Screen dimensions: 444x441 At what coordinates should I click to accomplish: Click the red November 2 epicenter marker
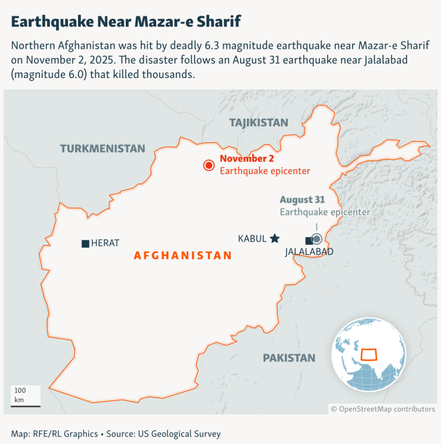pyautogui.click(x=208, y=166)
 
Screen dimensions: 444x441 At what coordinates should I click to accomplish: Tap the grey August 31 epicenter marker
pyautogui.click(x=316, y=239)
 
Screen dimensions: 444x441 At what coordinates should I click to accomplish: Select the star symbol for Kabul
pyautogui.click(x=274, y=238)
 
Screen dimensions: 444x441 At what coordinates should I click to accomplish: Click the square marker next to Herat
pyautogui.click(x=86, y=243)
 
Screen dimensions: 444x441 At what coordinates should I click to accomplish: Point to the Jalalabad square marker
pyautogui.click(x=309, y=240)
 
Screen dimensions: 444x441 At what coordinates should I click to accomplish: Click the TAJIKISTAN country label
pyautogui.click(x=258, y=122)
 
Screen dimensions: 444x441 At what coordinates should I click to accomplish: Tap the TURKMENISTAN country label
pyautogui.click(x=103, y=149)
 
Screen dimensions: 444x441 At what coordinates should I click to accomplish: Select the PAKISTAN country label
pyautogui.click(x=289, y=358)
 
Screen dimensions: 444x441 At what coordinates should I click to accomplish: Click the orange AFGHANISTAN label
pyautogui.click(x=183, y=256)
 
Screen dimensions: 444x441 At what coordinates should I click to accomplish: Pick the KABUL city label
pyautogui.click(x=252, y=239)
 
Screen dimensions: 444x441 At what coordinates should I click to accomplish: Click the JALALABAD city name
pyautogui.click(x=309, y=252)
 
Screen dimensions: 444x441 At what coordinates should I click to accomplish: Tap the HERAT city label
pyautogui.click(x=105, y=243)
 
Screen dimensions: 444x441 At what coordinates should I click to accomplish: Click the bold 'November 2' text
pyautogui.click(x=247, y=159)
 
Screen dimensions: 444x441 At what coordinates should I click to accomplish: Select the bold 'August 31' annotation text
pyautogui.click(x=303, y=200)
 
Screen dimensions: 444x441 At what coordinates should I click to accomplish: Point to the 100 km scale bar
pyautogui.click(x=26, y=405)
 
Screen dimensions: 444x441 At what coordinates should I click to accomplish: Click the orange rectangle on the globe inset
pyautogui.click(x=367, y=353)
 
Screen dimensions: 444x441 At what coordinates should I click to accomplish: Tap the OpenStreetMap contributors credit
pyautogui.click(x=382, y=409)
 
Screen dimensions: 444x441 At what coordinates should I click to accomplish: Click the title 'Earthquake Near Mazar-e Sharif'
pyautogui.click(x=126, y=22)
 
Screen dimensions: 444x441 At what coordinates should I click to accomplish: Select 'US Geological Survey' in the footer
pyautogui.click(x=179, y=434)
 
